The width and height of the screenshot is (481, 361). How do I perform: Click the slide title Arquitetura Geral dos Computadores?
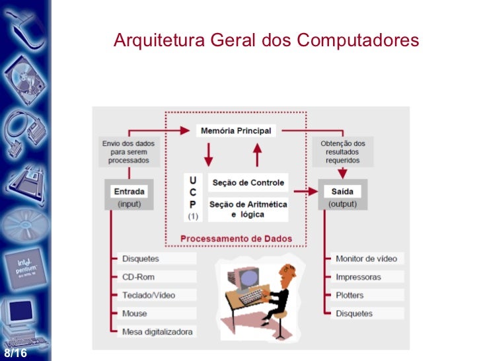tap(266, 41)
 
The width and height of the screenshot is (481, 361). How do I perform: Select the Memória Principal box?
tap(235, 131)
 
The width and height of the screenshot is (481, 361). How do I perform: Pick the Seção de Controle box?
tap(247, 182)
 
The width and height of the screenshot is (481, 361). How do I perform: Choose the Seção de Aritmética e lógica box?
tap(247, 209)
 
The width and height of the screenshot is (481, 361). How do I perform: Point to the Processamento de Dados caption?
tap(236, 239)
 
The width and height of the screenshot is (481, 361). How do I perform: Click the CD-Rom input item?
tap(138, 277)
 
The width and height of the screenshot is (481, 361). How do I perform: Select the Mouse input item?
tap(135, 313)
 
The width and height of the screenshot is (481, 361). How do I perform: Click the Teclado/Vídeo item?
tap(149, 295)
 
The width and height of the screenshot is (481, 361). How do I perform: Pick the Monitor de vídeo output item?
tap(367, 259)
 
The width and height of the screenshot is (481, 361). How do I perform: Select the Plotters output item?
tap(350, 295)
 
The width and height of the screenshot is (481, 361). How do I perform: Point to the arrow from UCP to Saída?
tap(305, 192)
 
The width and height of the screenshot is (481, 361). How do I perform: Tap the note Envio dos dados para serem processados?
tap(126, 151)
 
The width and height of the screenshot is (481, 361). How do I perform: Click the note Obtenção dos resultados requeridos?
tap(342, 151)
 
